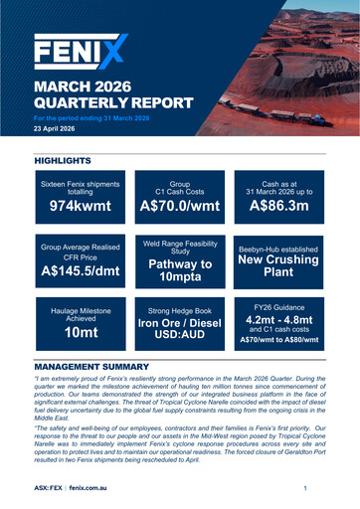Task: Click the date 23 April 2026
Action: [x=59, y=129]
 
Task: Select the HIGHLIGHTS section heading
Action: [x=63, y=160]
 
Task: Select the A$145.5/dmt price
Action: [x=80, y=269]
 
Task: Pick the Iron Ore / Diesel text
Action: [x=179, y=329]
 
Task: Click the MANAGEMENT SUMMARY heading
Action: [x=91, y=367]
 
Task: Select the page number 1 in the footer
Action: [x=304, y=489]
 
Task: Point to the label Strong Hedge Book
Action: [x=179, y=310]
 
